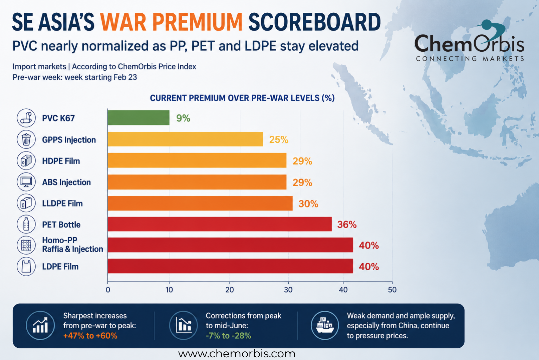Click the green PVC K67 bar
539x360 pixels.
tap(139, 117)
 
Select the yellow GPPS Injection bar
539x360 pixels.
tap(186, 139)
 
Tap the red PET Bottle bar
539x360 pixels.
tap(220, 224)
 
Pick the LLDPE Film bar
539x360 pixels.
tap(200, 203)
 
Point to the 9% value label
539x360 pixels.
tap(183, 118)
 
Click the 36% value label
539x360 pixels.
tap(347, 224)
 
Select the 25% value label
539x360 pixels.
tap(279, 139)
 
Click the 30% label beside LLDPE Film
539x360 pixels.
tap(308, 204)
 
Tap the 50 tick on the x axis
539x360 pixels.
tap(392, 290)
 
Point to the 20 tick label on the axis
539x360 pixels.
tap(230, 290)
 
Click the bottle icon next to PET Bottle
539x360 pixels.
tap(26, 224)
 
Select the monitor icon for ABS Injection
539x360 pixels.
tap(26, 182)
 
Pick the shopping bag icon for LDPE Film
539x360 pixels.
tap(26, 267)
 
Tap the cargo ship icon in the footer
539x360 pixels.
tap(325, 325)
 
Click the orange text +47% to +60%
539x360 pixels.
tap(90, 335)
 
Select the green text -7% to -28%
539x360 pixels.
tap(228, 335)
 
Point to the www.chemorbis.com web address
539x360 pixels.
tap(237, 354)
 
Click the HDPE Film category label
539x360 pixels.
tap(61, 161)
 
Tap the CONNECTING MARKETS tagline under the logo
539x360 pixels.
tap(470, 59)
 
